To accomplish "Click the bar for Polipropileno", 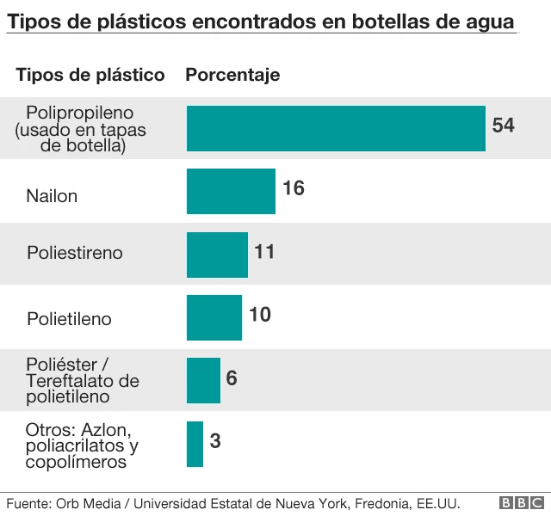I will coord(336,128).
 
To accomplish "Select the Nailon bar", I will coord(231,191).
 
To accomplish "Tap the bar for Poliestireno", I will coord(217,254).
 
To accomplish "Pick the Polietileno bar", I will coord(214,317).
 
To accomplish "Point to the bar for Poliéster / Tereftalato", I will coord(203,380).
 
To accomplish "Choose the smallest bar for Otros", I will coord(195,444).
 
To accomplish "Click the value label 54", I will coord(503,126).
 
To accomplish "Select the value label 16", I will coord(293,188).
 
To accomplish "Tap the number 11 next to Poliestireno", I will coord(264,252).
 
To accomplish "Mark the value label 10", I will coord(259,315).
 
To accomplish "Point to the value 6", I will coord(232,378).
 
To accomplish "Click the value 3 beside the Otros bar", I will coord(215,442).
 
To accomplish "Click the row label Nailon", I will coord(52,196).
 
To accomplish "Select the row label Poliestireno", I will coord(74,253).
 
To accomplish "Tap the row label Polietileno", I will coord(69,319).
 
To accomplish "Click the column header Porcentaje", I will coord(232,75).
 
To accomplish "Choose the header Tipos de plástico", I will coord(90,75).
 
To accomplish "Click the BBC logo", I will coord(522,502).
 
